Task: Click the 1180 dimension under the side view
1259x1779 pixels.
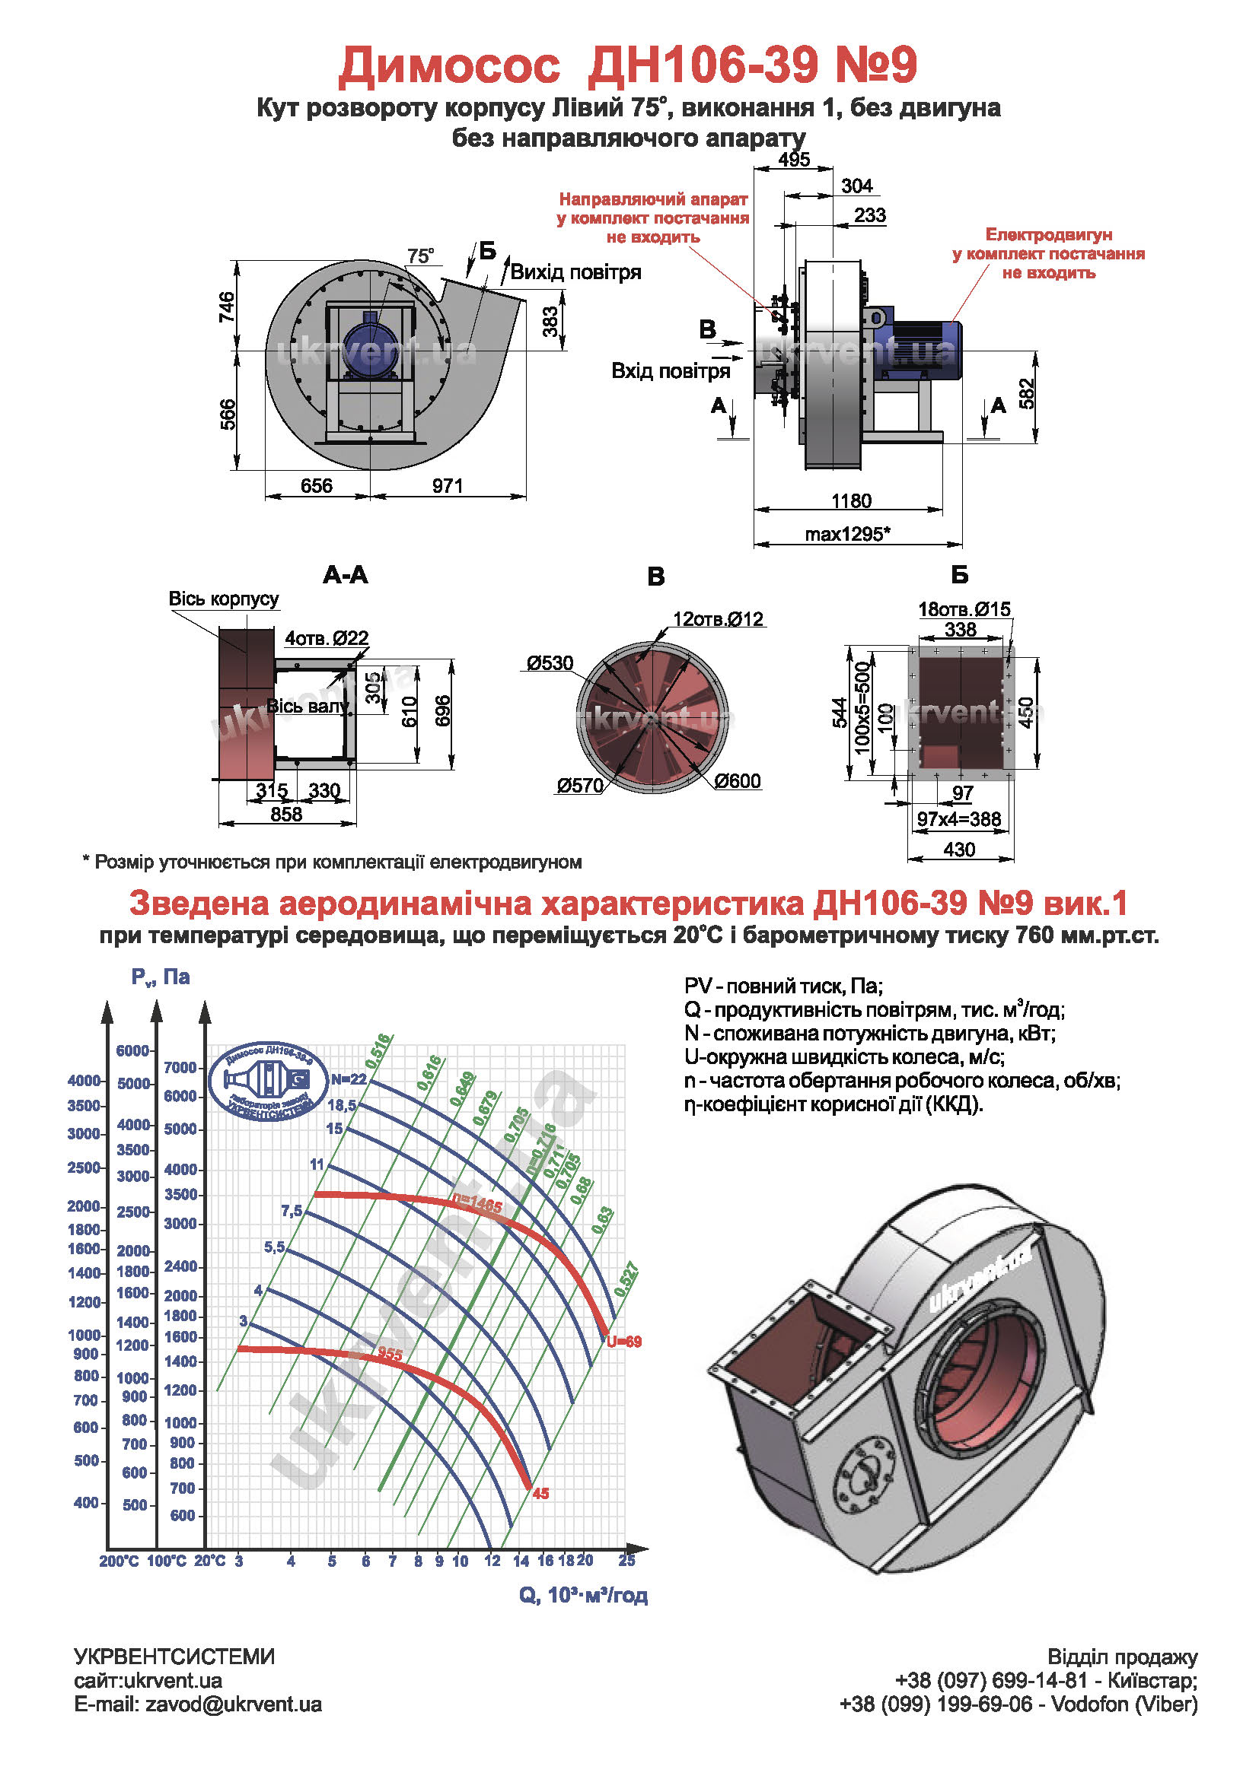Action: coord(850,500)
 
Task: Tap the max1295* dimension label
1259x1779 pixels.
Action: coord(846,534)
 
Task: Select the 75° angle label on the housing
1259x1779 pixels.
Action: coord(420,256)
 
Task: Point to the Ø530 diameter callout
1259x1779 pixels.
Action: coord(550,663)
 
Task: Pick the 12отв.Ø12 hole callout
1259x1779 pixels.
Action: coord(718,619)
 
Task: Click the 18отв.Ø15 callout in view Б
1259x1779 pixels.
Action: coord(964,609)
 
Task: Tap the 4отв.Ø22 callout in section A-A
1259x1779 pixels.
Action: coord(327,637)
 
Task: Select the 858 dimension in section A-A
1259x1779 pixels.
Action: coord(286,815)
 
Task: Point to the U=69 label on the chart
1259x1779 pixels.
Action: coord(624,1341)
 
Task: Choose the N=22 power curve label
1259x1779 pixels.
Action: coord(348,1079)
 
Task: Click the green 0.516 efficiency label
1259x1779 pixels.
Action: coord(379,1050)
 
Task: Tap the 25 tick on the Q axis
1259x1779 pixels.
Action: coord(626,1561)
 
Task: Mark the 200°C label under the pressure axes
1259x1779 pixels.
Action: coord(119,1561)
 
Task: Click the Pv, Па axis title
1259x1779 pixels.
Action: coord(161,977)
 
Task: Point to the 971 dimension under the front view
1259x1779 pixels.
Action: coord(448,486)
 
